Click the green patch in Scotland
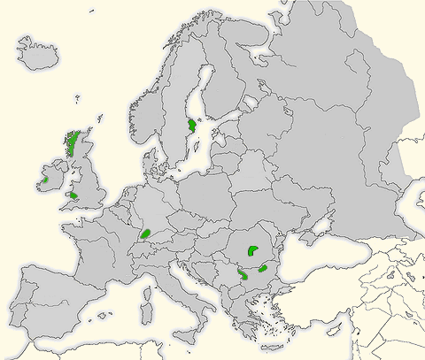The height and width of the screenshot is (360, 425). tap(73, 142)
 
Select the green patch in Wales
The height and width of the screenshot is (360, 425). tap(74, 195)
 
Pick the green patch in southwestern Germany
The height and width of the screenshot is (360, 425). tap(146, 234)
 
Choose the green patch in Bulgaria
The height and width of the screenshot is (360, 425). tap(263, 268)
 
